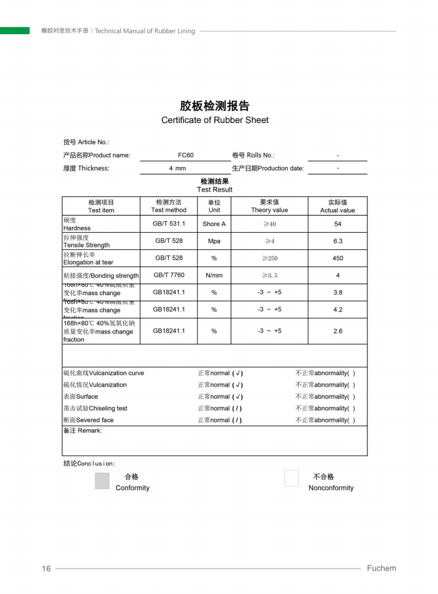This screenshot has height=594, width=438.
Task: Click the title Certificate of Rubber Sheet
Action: pyautogui.click(x=215, y=120)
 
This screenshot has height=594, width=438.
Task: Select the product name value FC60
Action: pyautogui.click(x=186, y=156)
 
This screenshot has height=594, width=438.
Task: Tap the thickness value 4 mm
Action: pyautogui.click(x=177, y=169)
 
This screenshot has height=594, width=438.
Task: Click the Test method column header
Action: pyautogui.click(x=169, y=206)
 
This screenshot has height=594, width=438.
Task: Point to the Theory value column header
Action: pyautogui.click(x=269, y=206)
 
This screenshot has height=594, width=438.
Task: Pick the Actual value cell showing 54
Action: pyautogui.click(x=338, y=224)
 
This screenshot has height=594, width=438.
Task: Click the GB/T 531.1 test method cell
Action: pyautogui.click(x=169, y=224)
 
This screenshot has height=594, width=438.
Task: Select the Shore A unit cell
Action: pyautogui.click(x=214, y=224)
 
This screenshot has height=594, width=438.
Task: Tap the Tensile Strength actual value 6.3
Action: pyautogui.click(x=338, y=241)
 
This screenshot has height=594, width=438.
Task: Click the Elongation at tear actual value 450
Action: pyautogui.click(x=338, y=258)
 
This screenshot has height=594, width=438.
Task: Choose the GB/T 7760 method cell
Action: pyautogui.click(x=169, y=275)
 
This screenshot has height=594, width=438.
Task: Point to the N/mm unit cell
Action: pyautogui.click(x=214, y=275)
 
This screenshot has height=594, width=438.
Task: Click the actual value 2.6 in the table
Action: pyautogui.click(x=338, y=331)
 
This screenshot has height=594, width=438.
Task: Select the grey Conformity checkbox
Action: pyautogui.click(x=102, y=480)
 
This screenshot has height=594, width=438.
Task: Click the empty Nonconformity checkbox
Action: pyautogui.click(x=291, y=478)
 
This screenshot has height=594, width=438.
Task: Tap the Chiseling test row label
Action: pyautogui.click(x=95, y=409)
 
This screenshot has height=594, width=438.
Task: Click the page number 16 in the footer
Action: pyautogui.click(x=46, y=569)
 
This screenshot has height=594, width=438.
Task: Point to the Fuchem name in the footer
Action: pyautogui.click(x=381, y=568)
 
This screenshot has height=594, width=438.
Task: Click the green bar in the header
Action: pyautogui.click(x=15, y=31)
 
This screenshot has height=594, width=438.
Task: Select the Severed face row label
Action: pyautogui.click(x=89, y=420)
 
